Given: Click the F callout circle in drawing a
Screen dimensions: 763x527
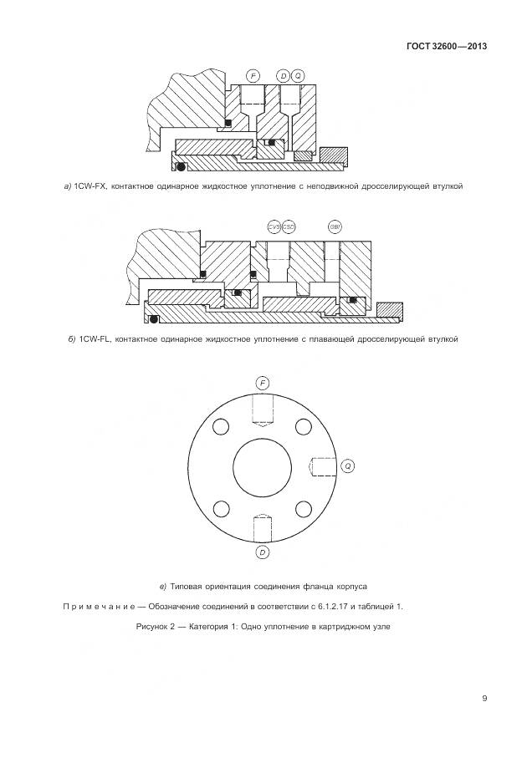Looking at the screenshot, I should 253,76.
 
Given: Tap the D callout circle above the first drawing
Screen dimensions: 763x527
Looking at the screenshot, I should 284,76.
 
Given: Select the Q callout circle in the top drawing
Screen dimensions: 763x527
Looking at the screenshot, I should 297,76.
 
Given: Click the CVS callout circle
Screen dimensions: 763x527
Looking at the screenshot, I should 274,226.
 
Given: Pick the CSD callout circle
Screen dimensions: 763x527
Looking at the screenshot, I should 289,226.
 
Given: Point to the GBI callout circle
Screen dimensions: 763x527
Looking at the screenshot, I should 335,226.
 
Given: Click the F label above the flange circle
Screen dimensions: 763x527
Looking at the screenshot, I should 263,383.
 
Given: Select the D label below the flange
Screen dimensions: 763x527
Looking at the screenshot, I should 263,552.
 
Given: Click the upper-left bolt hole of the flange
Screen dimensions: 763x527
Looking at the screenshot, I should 221,426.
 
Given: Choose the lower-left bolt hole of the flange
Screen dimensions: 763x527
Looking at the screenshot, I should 221,509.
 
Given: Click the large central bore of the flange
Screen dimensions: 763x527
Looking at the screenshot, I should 263,468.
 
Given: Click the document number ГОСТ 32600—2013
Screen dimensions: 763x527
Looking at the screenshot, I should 446,46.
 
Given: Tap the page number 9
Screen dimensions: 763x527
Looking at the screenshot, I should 484,699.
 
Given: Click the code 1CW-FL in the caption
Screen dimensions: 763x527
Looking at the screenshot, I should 95,339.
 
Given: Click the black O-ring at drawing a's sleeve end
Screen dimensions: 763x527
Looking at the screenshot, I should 180,168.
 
